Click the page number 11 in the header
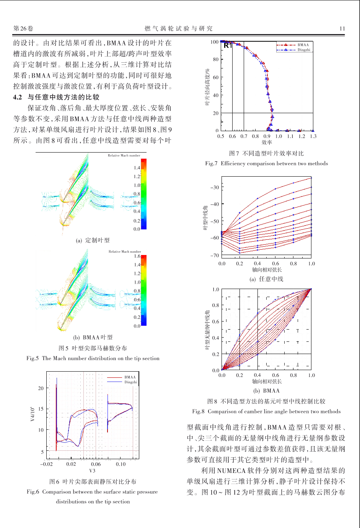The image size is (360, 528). (x=342, y=29)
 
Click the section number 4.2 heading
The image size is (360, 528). (x=18, y=97)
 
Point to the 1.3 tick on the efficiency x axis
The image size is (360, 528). (x=313, y=136)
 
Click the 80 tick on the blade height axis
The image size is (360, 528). (x=216, y=59)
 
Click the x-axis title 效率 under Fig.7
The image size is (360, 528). (x=267, y=142)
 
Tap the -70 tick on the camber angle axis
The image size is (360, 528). (x=215, y=255)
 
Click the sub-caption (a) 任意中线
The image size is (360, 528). (x=266, y=279)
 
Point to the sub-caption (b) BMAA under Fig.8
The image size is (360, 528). (x=266, y=391)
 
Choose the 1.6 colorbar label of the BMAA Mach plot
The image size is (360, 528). (x=137, y=256)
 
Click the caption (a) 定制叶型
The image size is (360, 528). (x=93, y=240)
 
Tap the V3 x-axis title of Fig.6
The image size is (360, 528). (x=92, y=471)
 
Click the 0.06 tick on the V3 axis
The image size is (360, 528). (x=96, y=464)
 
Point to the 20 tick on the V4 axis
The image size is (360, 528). (x=41, y=388)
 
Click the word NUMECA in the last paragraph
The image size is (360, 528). (x=231, y=471)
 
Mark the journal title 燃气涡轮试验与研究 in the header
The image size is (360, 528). (x=179, y=29)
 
